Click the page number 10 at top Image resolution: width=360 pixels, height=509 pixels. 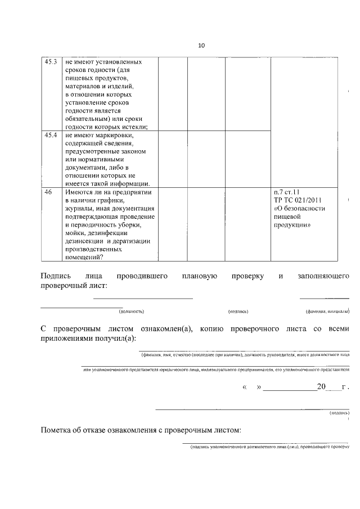pyautogui.click(x=201, y=46)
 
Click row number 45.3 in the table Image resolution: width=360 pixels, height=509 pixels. pyautogui.click(x=51, y=61)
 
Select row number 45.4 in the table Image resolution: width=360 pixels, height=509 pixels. pyautogui.click(x=51, y=135)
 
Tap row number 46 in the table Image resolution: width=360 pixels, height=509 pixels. pyautogui.click(x=48, y=192)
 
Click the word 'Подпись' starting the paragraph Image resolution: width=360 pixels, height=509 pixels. pyautogui.click(x=56, y=276)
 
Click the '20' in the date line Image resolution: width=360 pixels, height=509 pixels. pyautogui.click(x=321, y=388)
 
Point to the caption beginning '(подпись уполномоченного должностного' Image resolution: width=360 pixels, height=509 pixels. pyautogui.click(x=270, y=448)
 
